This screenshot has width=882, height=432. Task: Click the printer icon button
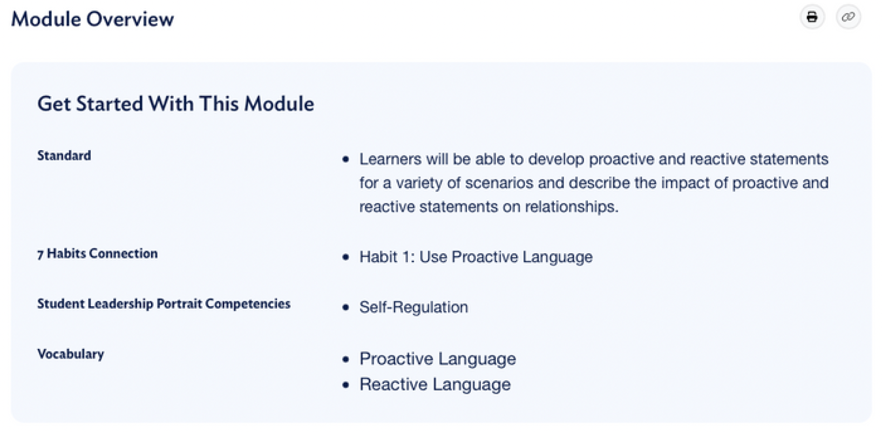[812, 17]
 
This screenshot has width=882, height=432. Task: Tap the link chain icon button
[848, 17]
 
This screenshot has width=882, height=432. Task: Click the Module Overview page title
[92, 19]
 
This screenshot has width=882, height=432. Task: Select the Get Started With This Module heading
[175, 104]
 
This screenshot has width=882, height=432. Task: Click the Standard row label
[64, 156]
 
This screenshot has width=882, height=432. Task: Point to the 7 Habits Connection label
[97, 253]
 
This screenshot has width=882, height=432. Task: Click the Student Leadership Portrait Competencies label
[164, 303]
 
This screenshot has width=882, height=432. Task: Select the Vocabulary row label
[70, 354]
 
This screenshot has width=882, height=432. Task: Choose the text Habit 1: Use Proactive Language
[476, 257]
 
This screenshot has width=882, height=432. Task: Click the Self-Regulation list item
[413, 307]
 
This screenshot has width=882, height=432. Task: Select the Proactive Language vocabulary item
[437, 359]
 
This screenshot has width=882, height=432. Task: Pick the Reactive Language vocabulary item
[435, 384]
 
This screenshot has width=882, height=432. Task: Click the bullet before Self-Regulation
[346, 308]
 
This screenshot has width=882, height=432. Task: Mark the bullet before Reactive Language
[346, 385]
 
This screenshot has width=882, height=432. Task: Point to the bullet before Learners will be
[346, 160]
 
